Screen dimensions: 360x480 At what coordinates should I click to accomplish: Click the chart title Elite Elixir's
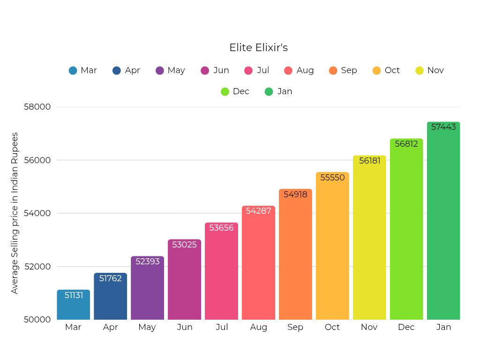[258, 48]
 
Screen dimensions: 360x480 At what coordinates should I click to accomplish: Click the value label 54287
[258, 211]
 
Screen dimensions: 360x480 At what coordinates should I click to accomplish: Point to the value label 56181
[369, 161]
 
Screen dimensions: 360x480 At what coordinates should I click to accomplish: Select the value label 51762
[110, 278]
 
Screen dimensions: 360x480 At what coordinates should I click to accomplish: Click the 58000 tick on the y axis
[37, 107]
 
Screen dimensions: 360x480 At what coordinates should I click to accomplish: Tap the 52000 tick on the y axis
[37, 267]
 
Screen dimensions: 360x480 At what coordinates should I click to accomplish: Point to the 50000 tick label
[37, 320]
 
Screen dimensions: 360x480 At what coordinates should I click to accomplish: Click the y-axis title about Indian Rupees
[15, 213]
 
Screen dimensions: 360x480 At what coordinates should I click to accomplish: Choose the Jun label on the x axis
[185, 327]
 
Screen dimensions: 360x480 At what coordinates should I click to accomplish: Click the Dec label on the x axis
[406, 327]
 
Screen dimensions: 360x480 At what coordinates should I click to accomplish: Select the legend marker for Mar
[73, 71]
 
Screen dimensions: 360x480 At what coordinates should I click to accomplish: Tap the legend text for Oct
[392, 70]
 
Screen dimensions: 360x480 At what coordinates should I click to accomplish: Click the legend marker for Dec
[225, 92]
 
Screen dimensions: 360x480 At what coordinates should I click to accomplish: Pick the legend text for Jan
[285, 91]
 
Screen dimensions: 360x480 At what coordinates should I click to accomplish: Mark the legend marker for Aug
[288, 71]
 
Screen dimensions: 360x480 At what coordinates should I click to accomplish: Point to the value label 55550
[332, 178]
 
